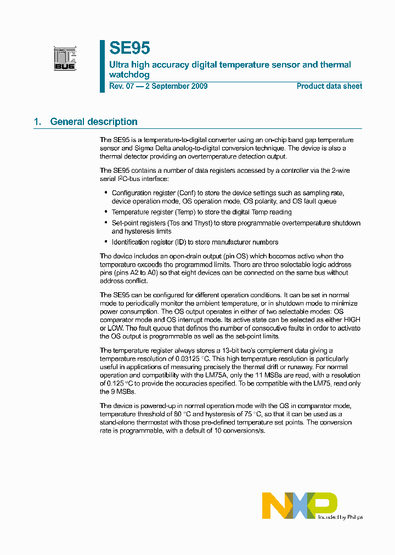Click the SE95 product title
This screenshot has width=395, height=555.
click(x=129, y=48)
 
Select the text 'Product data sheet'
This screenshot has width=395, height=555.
click(x=329, y=86)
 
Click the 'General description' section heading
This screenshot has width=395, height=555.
click(x=94, y=122)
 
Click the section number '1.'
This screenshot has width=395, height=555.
click(x=37, y=122)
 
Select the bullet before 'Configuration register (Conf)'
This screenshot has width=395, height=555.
click(x=105, y=193)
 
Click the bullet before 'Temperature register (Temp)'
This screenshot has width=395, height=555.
click(x=105, y=212)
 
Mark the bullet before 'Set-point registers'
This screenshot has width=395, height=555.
click(x=105, y=223)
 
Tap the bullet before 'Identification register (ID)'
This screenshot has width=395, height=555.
click(x=105, y=242)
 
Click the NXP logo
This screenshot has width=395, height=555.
click(x=299, y=505)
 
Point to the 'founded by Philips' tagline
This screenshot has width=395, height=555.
click(x=341, y=517)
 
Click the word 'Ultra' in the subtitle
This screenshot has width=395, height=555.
click(x=119, y=65)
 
